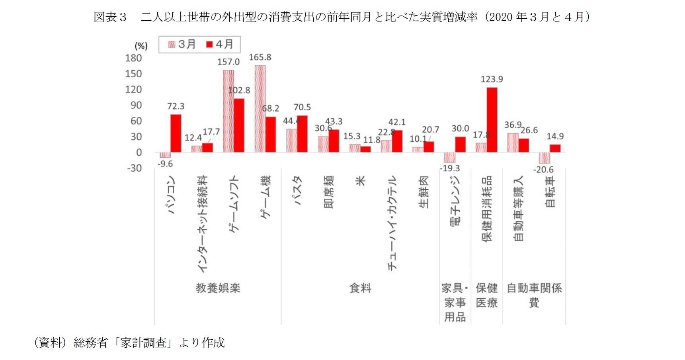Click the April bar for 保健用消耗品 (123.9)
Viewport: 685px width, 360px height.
coord(492,119)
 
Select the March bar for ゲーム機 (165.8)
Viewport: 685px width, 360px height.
coord(260,109)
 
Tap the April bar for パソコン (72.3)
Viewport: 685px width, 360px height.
coord(176,133)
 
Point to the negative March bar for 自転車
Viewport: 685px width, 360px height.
coord(544,158)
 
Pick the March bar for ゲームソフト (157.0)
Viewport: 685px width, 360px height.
coord(228,111)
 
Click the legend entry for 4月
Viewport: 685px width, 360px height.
coord(220,44)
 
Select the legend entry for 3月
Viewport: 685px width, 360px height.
coord(182,44)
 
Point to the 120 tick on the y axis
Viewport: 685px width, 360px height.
coord(134,90)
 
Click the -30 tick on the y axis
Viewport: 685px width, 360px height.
coord(134,168)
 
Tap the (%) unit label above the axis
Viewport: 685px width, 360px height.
coord(141,46)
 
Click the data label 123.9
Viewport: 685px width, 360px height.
coord(492,79)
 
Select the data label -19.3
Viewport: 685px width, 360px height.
coord(449,168)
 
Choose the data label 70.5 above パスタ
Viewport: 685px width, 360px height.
coord(302,107)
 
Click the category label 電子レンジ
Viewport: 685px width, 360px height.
coord(455,201)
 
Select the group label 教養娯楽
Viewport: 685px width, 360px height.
coord(218,288)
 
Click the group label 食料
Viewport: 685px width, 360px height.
coord(360,288)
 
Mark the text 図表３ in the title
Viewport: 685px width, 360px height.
coord(110,17)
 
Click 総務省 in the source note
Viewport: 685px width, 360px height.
coord(91,342)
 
